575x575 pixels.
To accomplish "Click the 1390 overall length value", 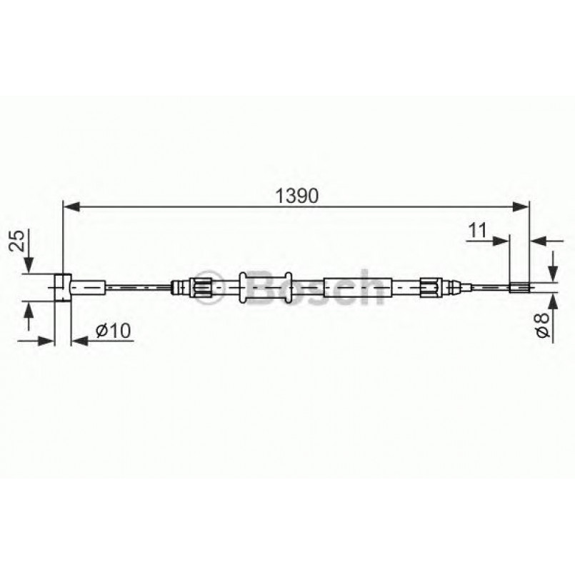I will [296, 195].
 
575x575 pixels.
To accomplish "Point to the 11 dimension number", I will [478, 230].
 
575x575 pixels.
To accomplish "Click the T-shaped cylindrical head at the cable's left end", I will [62, 287].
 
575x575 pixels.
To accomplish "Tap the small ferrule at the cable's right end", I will [520, 288].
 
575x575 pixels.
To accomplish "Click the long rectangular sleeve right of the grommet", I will [357, 287].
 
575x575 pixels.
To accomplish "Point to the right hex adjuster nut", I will [430, 287].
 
